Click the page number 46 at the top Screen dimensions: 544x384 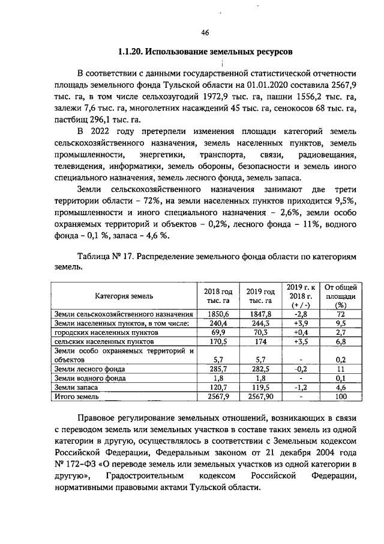point(205,32)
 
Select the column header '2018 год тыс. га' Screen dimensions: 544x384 point(218,295)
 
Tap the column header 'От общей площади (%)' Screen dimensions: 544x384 point(340,295)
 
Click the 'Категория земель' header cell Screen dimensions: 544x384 point(124,296)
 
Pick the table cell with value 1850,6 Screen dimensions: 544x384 point(218,314)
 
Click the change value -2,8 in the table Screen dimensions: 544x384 point(301,314)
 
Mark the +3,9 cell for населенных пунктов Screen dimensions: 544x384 point(301,323)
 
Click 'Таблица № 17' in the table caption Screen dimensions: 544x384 point(106,257)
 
